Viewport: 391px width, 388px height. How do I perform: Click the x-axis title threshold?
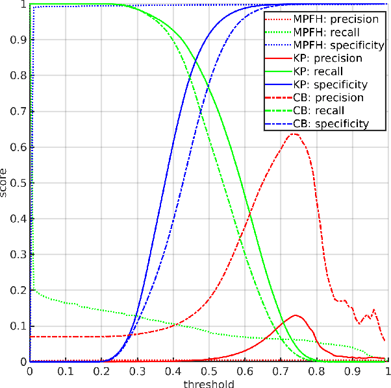tap(208, 383)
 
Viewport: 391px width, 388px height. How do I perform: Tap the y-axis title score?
tap(5, 182)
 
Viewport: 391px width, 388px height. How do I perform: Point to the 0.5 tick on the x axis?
tap(208, 361)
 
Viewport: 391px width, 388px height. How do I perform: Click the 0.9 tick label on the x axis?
tap(351, 371)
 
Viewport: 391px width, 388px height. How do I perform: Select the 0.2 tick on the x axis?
tap(101, 361)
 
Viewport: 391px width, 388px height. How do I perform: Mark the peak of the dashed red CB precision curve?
tap(294, 134)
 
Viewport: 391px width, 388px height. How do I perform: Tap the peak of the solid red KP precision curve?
tap(296, 315)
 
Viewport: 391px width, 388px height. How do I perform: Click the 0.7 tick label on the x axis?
tap(280, 371)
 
